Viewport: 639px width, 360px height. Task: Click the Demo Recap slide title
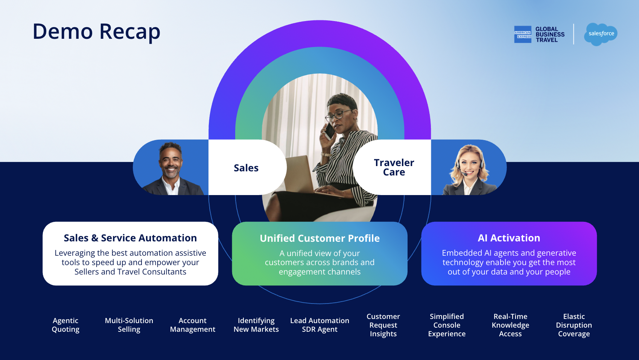coord(96,31)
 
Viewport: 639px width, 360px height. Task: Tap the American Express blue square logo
coord(523,34)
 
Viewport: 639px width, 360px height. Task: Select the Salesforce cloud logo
coord(601,34)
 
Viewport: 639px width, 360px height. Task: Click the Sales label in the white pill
coord(246,168)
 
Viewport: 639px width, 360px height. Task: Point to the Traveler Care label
coord(394,167)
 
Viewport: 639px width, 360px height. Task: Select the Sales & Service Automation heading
coord(130,238)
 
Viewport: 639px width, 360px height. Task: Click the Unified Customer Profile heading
coord(319,238)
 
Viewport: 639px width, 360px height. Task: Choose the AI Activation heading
coord(509,238)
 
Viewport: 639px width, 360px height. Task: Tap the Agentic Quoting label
coord(65,325)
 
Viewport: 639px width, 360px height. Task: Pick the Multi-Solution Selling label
coord(129,325)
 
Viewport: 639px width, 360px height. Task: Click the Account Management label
coord(193,325)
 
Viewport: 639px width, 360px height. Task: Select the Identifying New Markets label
coord(256,325)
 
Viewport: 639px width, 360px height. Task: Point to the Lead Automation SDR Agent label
coord(319,325)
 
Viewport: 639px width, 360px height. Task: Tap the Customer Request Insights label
coord(383,325)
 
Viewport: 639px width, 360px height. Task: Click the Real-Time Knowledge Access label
coord(510,325)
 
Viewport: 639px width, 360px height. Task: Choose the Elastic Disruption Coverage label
coord(574,325)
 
